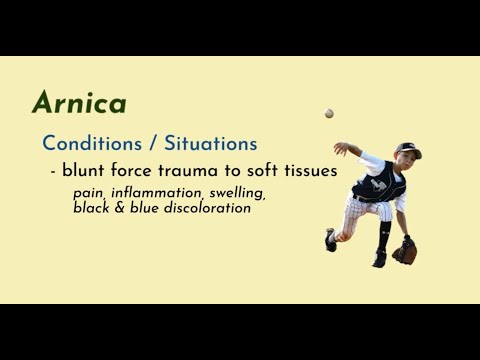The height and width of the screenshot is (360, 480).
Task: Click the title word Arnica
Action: click(x=78, y=103)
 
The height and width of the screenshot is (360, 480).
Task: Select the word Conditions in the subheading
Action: click(x=87, y=144)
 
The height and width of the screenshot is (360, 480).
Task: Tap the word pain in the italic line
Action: click(x=88, y=192)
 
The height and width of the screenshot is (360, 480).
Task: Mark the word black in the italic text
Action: click(x=92, y=208)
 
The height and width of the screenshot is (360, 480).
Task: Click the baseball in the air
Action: click(x=329, y=113)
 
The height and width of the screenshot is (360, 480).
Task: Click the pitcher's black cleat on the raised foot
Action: click(x=331, y=241)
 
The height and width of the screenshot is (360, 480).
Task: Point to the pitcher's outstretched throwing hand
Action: click(x=341, y=148)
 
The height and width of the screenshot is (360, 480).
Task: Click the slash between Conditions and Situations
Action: click(x=142, y=144)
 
